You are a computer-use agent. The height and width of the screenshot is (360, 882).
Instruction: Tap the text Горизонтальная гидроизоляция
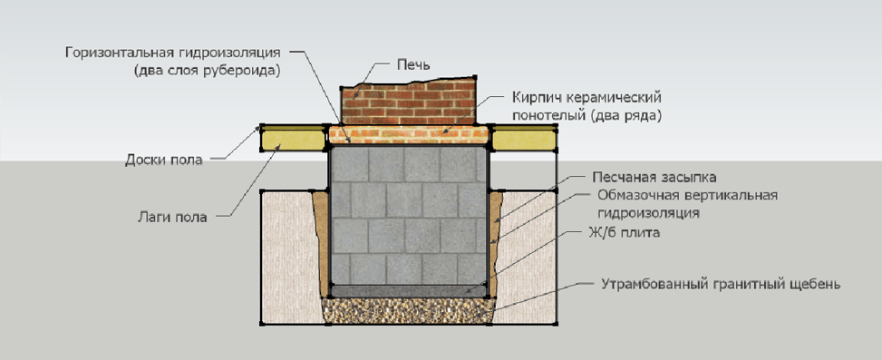pyautogui.click(x=173, y=54)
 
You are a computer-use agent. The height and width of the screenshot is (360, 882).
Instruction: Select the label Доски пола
pyautogui.click(x=164, y=161)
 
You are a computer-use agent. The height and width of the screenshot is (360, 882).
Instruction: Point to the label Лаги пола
pyautogui.click(x=173, y=217)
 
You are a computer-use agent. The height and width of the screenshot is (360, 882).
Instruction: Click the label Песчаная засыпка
pyautogui.click(x=654, y=179)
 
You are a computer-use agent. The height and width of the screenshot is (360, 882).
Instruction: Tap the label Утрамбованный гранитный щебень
pyautogui.click(x=721, y=285)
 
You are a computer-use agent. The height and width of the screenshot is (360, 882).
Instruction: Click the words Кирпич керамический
pyautogui.click(x=586, y=97)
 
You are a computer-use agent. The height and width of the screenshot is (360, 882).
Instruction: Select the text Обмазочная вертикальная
pyautogui.click(x=687, y=196)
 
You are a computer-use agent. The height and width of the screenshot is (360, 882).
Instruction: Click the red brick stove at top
pyautogui.click(x=409, y=102)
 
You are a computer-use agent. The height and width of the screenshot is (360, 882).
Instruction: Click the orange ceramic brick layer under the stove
pyautogui.click(x=409, y=135)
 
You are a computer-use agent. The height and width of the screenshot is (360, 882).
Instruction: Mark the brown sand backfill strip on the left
pyautogui.click(x=320, y=243)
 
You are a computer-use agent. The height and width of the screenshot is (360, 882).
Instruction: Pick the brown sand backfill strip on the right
pyautogui.click(x=496, y=243)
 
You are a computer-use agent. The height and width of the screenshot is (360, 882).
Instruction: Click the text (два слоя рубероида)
pyautogui.click(x=207, y=72)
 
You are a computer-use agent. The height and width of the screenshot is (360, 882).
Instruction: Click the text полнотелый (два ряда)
pyautogui.click(x=586, y=116)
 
